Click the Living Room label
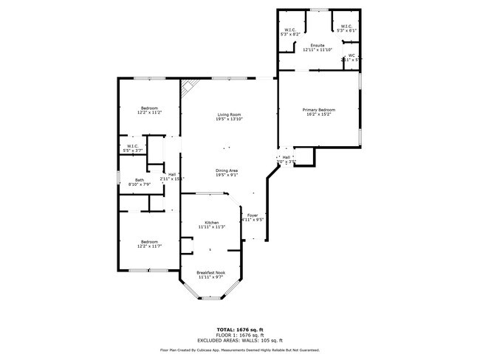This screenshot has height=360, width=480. (x=229, y=114)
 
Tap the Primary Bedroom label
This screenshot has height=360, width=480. (x=319, y=109)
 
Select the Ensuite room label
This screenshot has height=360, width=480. (x=318, y=45)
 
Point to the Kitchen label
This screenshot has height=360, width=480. (x=211, y=222)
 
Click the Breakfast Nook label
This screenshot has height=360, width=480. (x=211, y=272)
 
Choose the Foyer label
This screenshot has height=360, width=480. (x=253, y=215)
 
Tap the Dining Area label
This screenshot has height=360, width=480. (x=227, y=170)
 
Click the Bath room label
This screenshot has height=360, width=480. (x=139, y=179)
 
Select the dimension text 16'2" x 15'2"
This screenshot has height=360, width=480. (x=319, y=114)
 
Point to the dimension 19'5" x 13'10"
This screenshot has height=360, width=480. (x=229, y=119)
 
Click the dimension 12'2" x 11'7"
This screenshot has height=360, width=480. (x=149, y=246)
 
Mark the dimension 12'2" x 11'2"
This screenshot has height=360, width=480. (x=149, y=113)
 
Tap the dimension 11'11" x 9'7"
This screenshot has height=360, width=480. (x=211, y=277)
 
